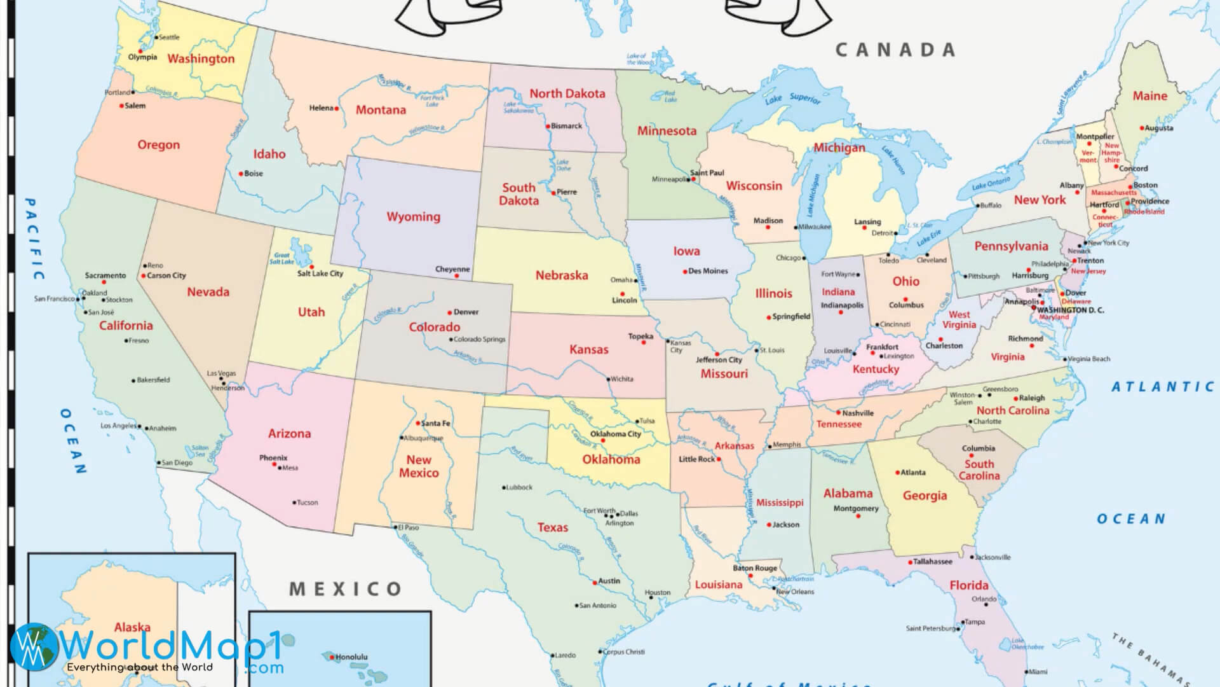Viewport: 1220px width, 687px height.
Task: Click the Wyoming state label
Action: click(x=413, y=217)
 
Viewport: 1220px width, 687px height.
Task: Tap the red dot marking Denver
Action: click(x=450, y=312)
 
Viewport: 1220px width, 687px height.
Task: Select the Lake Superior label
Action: click(x=792, y=99)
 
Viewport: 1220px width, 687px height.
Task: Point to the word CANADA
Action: click(x=895, y=50)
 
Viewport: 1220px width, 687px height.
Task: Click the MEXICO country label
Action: click(x=346, y=589)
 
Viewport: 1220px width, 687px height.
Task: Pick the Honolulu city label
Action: click(x=351, y=657)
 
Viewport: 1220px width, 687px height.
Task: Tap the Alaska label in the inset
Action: click(x=132, y=627)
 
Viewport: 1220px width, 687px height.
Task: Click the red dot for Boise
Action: click(x=241, y=174)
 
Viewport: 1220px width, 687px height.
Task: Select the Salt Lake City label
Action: click(x=320, y=274)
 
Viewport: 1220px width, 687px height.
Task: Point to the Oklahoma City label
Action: click(x=615, y=434)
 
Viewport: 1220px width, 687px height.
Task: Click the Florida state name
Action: click(x=968, y=585)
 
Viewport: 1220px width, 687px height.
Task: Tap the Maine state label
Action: click(x=1149, y=96)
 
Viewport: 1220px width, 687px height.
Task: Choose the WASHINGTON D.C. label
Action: click(x=1071, y=310)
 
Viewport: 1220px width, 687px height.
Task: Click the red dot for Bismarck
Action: click(x=548, y=127)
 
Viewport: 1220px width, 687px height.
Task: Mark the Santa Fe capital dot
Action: click(x=418, y=423)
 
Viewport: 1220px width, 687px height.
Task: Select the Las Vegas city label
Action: click(x=221, y=373)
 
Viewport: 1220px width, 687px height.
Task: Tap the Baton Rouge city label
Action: click(x=754, y=568)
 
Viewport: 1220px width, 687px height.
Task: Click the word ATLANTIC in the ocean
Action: click(x=1163, y=387)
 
